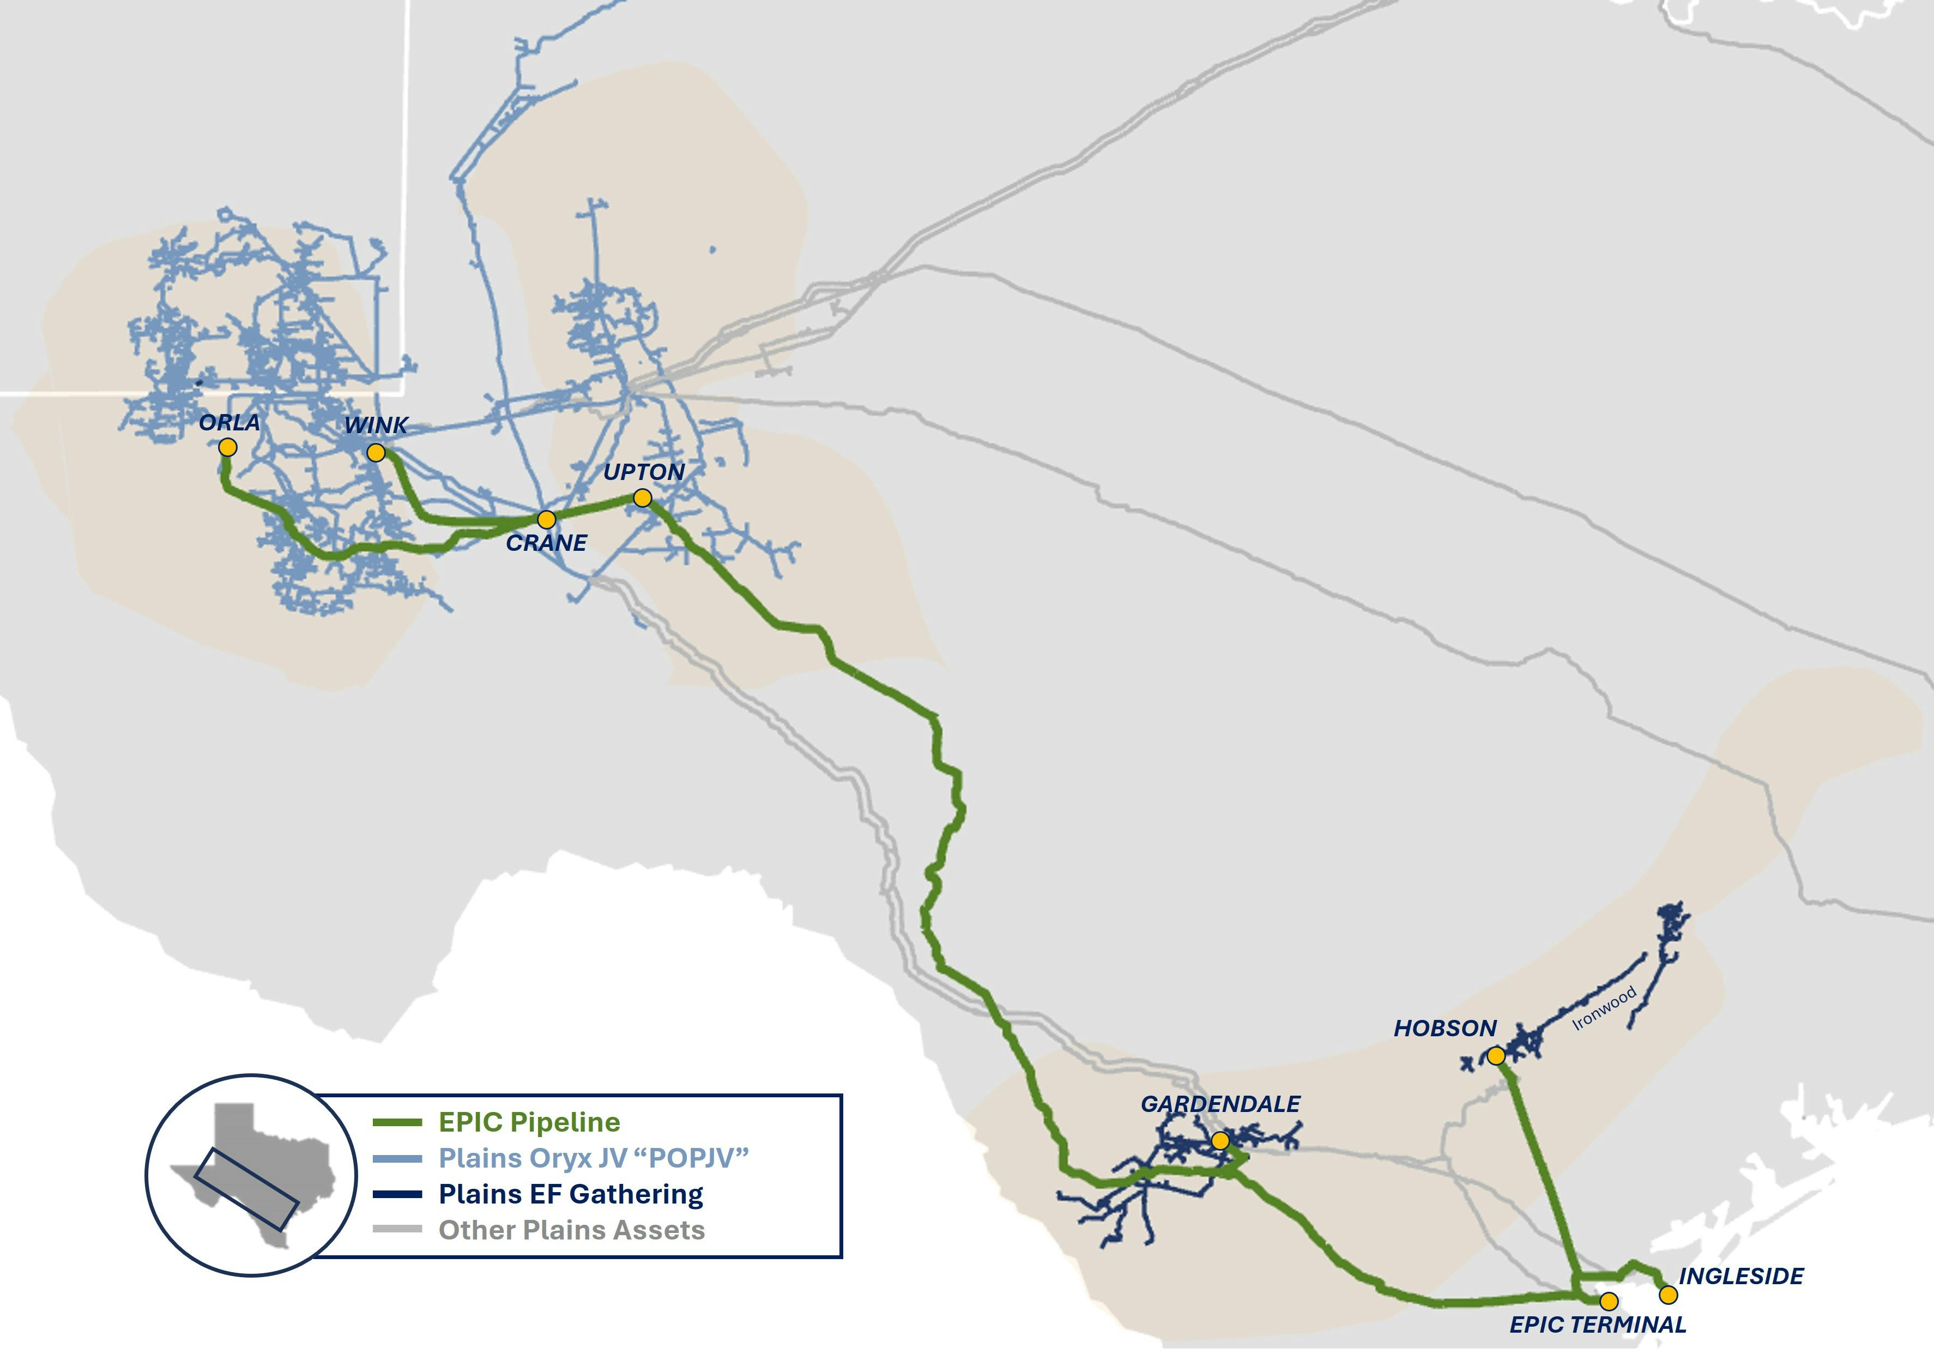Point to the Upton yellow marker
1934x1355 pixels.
[x=643, y=499]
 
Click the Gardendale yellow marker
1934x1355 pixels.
[x=1220, y=1141]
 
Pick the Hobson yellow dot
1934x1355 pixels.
[x=1496, y=1056]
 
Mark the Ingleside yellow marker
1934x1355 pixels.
[x=1668, y=1295]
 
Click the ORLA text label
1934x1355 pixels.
[x=229, y=422]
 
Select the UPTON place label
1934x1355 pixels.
[x=644, y=472]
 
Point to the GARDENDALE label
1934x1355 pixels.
[x=1220, y=1104]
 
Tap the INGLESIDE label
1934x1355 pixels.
[x=1741, y=1276]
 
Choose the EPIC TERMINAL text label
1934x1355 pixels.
[x=1598, y=1324]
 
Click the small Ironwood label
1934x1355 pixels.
[x=1605, y=1008]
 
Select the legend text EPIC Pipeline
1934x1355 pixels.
[x=529, y=1122]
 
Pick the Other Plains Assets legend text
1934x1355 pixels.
[x=571, y=1230]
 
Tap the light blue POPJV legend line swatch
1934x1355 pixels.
[x=397, y=1159]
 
